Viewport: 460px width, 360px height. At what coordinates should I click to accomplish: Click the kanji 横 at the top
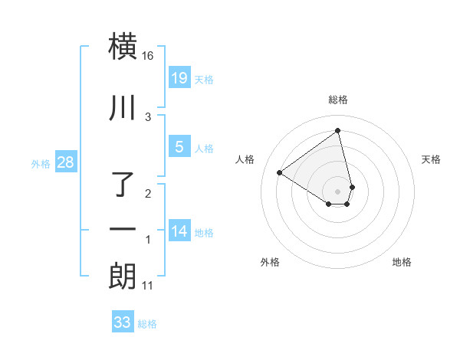click(x=123, y=46)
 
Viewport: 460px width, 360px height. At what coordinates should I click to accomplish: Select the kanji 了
click(x=123, y=185)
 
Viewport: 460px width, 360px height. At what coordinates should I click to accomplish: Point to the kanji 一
click(x=123, y=231)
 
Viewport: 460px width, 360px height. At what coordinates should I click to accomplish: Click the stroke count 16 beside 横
click(x=148, y=56)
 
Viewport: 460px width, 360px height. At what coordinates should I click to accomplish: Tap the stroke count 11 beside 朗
click(x=148, y=286)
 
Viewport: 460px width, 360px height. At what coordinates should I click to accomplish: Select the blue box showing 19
click(x=179, y=77)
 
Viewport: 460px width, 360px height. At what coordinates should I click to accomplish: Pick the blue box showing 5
click(x=179, y=147)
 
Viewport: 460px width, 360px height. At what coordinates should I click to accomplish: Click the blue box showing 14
click(x=179, y=231)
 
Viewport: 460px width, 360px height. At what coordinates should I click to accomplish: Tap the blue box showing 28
click(x=65, y=162)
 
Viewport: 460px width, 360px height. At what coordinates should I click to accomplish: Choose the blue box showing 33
click(x=123, y=322)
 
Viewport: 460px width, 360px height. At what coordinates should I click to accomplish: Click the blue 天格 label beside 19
click(x=203, y=80)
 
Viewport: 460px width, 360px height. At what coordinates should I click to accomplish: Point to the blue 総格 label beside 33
click(x=147, y=325)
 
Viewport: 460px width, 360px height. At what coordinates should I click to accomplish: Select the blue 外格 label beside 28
click(x=41, y=164)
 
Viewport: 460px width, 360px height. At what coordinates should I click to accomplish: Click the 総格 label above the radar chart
click(x=338, y=100)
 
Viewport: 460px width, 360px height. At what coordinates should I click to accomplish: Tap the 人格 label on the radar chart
click(x=245, y=159)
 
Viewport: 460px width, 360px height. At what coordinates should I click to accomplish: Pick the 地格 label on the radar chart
click(x=402, y=262)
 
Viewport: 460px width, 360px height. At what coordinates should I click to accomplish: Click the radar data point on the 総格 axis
click(x=338, y=130)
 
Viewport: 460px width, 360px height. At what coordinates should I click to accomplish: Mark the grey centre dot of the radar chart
click(x=338, y=191)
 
